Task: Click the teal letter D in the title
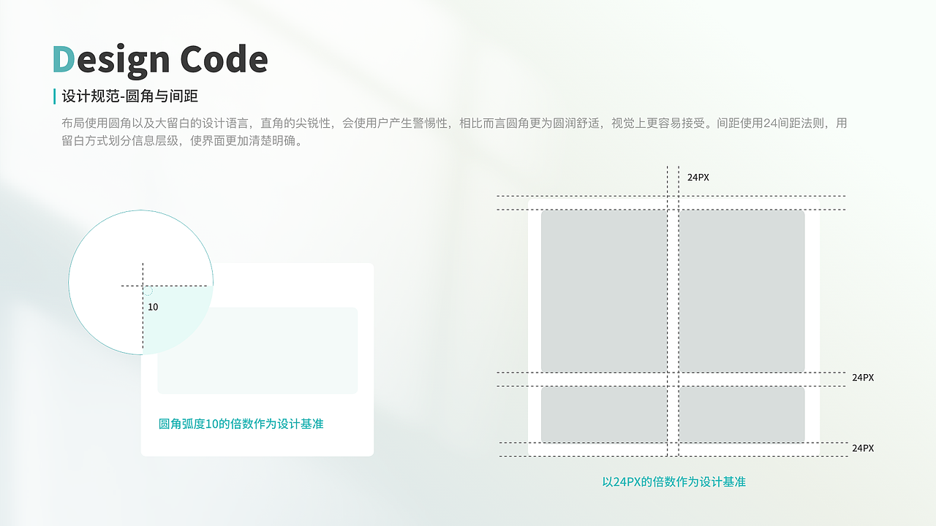tap(63, 60)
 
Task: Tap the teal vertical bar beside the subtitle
tap(55, 96)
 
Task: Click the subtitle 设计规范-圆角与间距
tap(130, 96)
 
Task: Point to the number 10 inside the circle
tap(153, 307)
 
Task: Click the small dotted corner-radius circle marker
tap(148, 291)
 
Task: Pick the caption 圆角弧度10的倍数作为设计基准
tap(241, 424)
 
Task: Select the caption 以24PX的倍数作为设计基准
tap(673, 482)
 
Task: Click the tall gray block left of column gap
tap(604, 291)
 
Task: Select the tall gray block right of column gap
tap(741, 291)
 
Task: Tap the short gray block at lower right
tap(741, 414)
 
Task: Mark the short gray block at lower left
tap(604, 414)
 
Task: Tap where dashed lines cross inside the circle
tap(143, 285)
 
